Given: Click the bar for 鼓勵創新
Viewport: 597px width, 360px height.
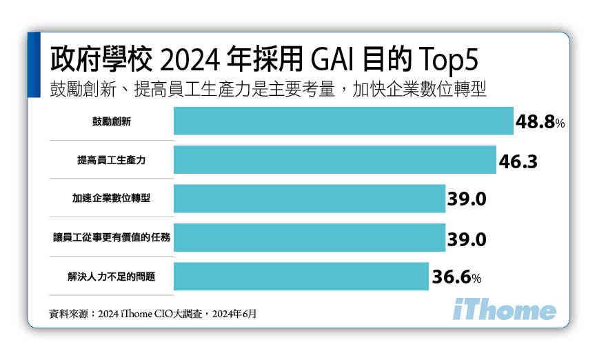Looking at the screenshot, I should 343,121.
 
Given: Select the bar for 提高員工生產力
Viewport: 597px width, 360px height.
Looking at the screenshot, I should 335,160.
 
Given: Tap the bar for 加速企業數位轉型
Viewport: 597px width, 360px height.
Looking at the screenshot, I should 310,199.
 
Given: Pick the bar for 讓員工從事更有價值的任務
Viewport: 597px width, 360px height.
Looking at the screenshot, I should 310,238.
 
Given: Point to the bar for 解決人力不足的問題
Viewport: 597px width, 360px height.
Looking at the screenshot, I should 301,277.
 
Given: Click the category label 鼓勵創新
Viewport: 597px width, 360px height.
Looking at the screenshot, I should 112,121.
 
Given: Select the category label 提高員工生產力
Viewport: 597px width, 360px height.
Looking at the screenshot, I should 112,160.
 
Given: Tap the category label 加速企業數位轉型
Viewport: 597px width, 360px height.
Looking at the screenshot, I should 112,199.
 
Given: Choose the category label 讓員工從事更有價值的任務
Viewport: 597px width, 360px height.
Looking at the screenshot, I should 112,238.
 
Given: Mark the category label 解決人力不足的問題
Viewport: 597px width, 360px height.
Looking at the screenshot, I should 112,277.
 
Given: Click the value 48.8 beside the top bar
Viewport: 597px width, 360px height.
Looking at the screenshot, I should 540,123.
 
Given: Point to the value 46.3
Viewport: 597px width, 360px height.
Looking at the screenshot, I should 517,161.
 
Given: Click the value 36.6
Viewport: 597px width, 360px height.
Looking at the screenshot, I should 456,278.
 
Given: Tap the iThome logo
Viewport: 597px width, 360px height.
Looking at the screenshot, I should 505,311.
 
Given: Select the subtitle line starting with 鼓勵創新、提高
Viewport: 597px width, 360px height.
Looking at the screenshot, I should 268,90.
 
